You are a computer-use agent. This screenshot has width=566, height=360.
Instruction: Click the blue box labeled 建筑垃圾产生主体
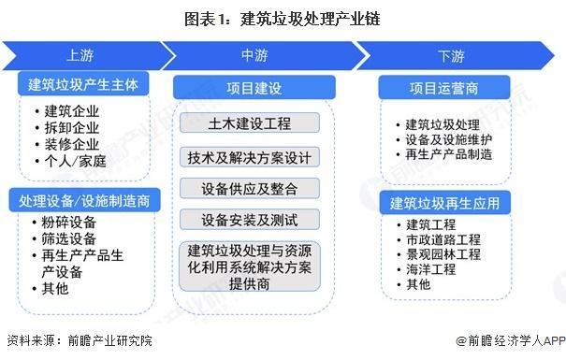pos(83,85)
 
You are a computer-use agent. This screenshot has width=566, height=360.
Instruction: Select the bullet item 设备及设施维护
pos(455,138)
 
